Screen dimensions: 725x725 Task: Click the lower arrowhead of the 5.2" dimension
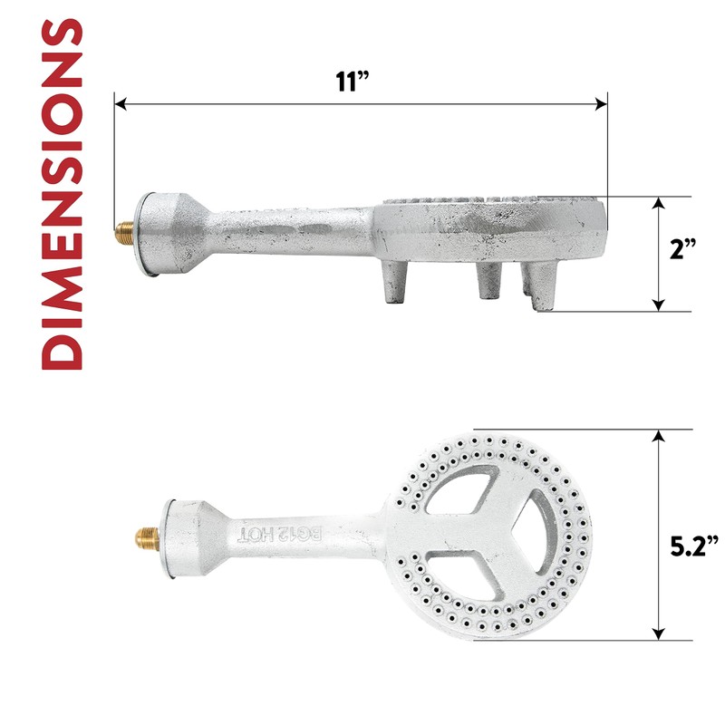659,635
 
